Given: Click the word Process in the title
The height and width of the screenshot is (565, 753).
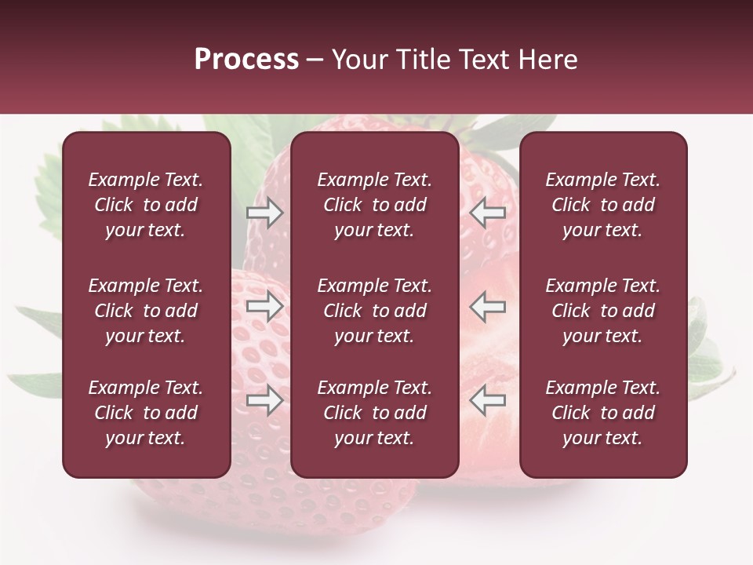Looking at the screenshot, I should [x=246, y=60].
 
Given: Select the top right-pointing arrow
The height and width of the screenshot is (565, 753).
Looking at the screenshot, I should [x=265, y=213].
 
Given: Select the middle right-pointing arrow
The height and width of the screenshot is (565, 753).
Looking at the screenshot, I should [x=265, y=306].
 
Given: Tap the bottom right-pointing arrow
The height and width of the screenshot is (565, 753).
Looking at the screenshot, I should [x=265, y=400].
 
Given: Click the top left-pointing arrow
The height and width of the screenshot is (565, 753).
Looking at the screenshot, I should [x=488, y=213].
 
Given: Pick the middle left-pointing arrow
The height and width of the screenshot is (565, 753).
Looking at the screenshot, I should [x=488, y=306].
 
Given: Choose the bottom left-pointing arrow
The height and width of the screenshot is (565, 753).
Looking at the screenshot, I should [x=488, y=400].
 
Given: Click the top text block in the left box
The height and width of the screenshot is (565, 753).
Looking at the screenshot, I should [x=146, y=205].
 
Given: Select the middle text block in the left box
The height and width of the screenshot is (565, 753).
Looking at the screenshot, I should [x=146, y=311].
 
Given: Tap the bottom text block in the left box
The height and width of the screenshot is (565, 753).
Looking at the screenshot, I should [x=146, y=413].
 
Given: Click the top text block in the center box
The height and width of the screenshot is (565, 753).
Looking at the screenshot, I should [x=374, y=205].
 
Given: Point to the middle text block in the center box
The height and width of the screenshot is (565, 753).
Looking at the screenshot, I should [x=374, y=311].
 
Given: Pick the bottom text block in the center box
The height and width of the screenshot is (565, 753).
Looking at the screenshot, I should [x=374, y=413].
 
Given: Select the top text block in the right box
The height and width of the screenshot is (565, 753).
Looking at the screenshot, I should [x=602, y=205].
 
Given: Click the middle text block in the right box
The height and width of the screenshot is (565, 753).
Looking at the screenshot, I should [x=602, y=311].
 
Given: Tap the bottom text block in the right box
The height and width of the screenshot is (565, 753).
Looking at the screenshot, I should [x=602, y=413].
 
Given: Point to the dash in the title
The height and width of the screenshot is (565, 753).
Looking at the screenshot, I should [x=315, y=60].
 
